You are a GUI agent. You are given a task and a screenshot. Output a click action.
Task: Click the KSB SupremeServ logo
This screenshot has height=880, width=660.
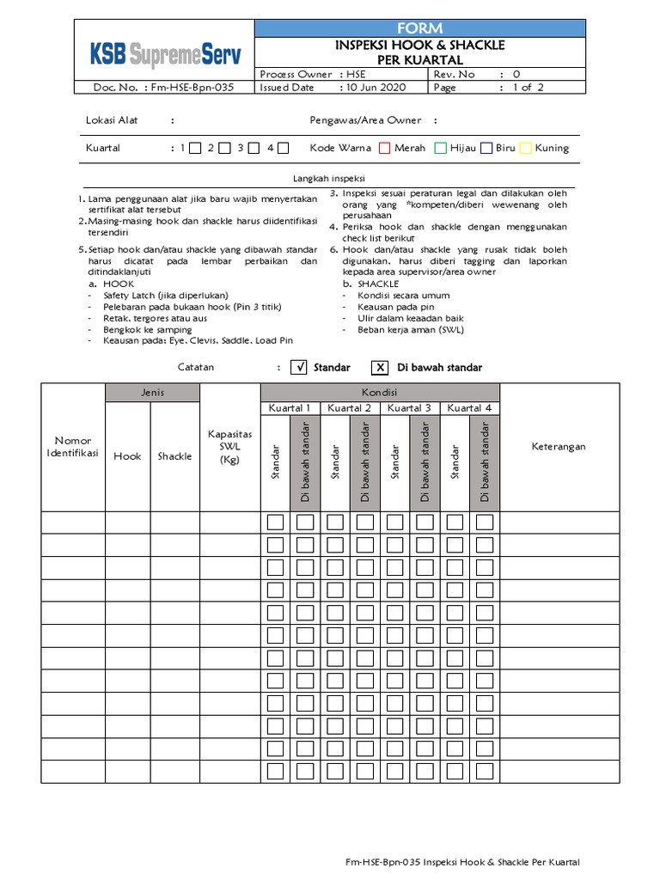[x=166, y=56]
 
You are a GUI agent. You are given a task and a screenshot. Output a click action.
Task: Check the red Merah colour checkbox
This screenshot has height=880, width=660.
[x=385, y=148]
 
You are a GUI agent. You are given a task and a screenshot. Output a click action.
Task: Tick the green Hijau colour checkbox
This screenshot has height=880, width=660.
[x=441, y=148]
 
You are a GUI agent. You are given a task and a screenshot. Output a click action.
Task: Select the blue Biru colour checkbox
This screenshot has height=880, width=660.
[x=486, y=148]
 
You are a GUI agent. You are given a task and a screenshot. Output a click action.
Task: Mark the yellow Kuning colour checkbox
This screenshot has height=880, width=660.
[x=526, y=148]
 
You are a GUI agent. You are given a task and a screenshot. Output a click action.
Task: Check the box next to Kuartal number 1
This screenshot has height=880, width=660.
[x=195, y=148]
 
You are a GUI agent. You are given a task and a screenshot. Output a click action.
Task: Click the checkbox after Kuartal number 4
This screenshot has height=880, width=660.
[x=283, y=148]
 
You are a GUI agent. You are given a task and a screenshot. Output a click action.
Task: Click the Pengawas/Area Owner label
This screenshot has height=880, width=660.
[x=365, y=121]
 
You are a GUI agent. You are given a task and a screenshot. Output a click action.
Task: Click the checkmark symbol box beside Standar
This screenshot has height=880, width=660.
[x=299, y=368]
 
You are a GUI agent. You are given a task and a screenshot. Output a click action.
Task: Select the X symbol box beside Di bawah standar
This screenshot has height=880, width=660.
[x=380, y=368]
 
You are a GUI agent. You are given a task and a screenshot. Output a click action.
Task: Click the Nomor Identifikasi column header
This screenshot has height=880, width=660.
[x=73, y=447]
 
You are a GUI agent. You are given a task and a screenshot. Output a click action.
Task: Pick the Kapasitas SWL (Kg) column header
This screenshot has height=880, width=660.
[x=229, y=447]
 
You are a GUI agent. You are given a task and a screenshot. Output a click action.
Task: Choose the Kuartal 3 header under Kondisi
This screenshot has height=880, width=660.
[x=410, y=408]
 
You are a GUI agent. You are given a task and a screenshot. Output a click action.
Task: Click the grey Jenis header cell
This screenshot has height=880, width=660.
[x=152, y=393]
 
